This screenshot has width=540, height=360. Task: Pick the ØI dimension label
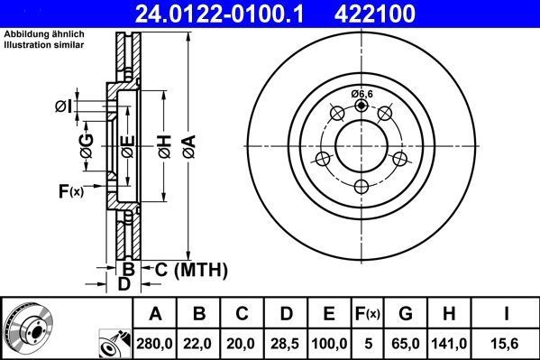62,106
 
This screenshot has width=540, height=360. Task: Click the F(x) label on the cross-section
70,190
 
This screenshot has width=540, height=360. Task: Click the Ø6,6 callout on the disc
362,93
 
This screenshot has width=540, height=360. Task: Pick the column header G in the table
405,314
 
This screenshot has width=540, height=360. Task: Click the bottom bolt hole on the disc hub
362,186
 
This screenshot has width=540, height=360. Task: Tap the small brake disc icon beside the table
28,328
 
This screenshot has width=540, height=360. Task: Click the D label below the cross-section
124,284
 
